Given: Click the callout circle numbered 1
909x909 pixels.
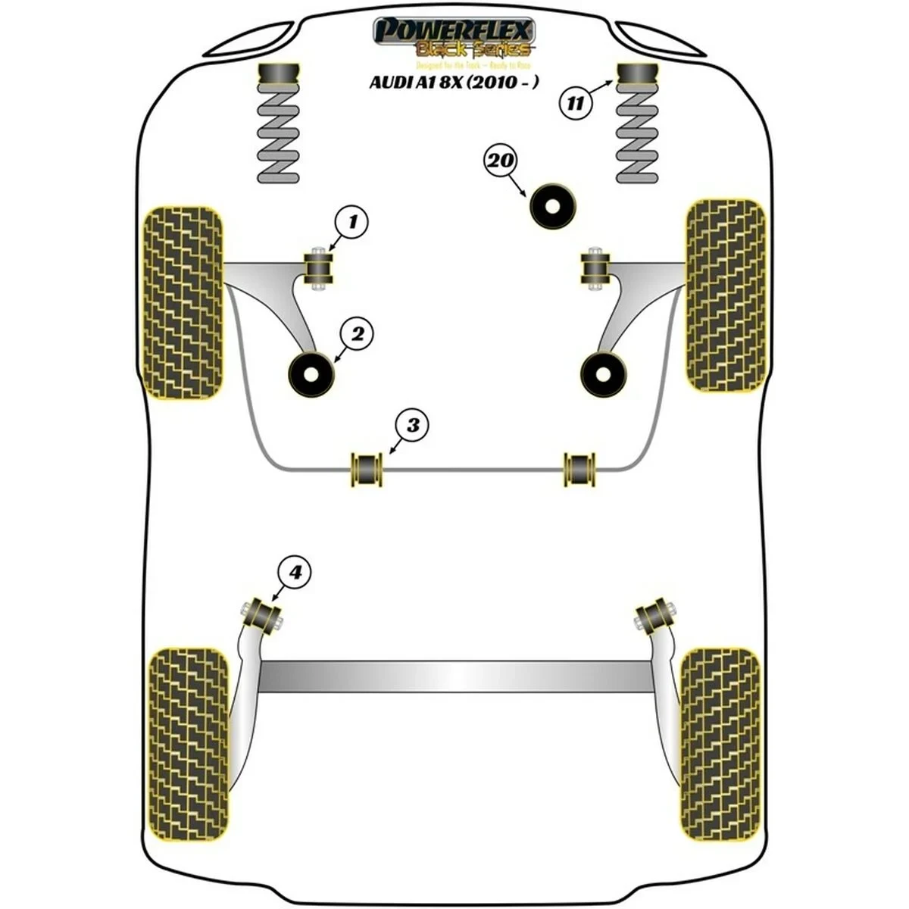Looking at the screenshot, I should coord(352,223).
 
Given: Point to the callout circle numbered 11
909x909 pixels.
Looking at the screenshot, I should coord(576,103).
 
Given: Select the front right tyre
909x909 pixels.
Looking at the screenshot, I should coord(725,295).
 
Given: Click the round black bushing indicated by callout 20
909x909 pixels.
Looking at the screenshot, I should coord(552,205).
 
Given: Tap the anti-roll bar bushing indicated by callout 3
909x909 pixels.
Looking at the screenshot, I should coord(366,470).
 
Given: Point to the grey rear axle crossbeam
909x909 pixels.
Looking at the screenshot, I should coord(454,676).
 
